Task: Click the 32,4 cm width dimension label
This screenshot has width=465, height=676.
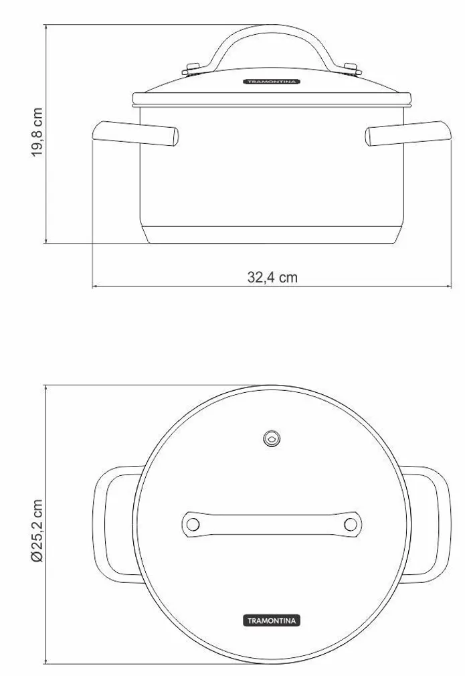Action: [272, 278]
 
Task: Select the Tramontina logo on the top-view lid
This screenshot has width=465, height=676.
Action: [271, 620]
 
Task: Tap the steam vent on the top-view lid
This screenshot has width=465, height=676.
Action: [271, 439]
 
